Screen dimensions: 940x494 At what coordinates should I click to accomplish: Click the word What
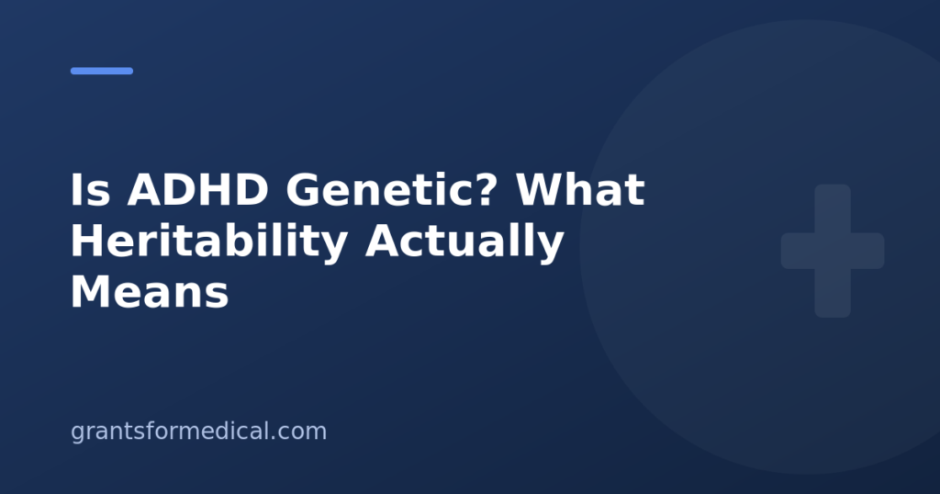pyautogui.click(x=580, y=189)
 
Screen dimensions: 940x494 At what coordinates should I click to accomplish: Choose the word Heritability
pyautogui.click(x=209, y=242)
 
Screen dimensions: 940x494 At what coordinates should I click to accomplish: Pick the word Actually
pyautogui.click(x=464, y=242)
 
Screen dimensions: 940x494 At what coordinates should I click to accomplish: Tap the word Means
pyautogui.click(x=150, y=293)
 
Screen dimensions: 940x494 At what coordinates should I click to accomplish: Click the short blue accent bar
pyautogui.click(x=102, y=71)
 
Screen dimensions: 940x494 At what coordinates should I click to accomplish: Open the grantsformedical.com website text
pyautogui.click(x=198, y=432)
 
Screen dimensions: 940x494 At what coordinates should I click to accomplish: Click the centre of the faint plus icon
pyautogui.click(x=833, y=251)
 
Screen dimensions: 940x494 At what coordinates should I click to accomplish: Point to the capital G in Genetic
pyautogui.click(x=303, y=190)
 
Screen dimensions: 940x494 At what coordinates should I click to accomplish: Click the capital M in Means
pyautogui.click(x=92, y=293)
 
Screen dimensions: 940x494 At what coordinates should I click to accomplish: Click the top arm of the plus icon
pyautogui.click(x=833, y=208)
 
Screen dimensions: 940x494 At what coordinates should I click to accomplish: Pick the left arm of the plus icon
pyautogui.click(x=798, y=251)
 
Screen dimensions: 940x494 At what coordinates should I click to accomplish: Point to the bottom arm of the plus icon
pyautogui.click(x=833, y=293)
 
